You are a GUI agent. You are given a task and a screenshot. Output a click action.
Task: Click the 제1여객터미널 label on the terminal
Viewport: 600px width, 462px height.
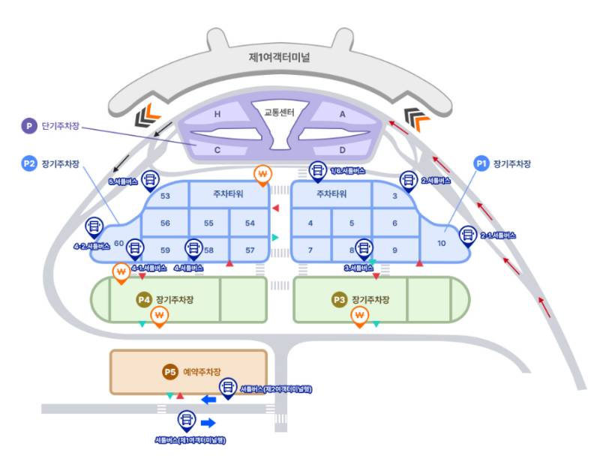coord(280,57)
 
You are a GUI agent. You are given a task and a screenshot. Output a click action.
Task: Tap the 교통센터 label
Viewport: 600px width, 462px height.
coord(279,112)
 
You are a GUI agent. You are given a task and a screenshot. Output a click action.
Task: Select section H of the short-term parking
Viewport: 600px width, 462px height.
coord(217,114)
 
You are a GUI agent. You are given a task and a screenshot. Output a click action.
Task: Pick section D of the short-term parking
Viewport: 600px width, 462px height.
coord(342,148)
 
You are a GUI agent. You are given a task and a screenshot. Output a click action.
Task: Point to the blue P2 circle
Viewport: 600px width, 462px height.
coord(28,163)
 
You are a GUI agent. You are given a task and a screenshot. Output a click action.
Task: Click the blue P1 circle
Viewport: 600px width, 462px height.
coord(481,163)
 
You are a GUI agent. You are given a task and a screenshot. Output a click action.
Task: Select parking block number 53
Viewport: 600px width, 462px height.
coord(166,196)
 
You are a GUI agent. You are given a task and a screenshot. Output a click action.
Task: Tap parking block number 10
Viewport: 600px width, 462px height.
coord(442,244)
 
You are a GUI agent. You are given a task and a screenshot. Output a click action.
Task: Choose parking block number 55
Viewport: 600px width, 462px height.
coord(208,223)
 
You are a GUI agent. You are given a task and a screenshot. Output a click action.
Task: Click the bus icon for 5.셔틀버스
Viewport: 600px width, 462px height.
coord(149,178)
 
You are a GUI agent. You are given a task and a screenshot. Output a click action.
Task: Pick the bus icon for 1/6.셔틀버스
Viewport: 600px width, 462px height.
coord(318,170)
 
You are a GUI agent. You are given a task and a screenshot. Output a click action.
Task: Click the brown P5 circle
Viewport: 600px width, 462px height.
coord(169,372)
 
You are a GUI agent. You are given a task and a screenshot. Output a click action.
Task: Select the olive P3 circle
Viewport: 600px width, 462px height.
coord(339,299)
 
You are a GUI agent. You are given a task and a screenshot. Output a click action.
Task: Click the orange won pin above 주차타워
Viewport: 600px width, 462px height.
coord(262,175)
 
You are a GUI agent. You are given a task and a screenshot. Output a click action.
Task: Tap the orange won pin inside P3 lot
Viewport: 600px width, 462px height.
coord(359,316)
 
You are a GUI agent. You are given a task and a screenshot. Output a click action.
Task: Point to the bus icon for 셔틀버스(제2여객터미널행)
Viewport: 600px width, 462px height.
coord(226,387)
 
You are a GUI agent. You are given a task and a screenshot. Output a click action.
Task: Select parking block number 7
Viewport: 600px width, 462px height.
coord(310,248)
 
